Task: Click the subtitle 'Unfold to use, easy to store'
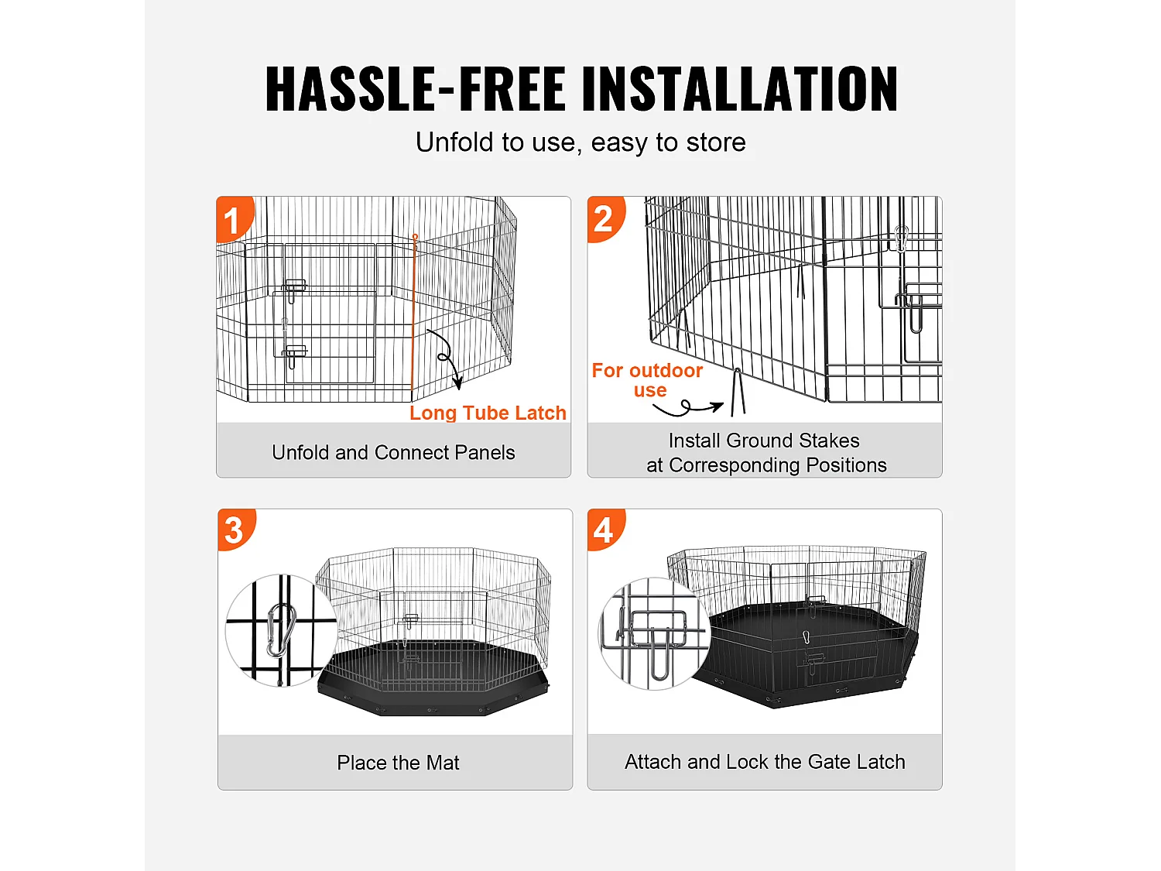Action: pos(580,142)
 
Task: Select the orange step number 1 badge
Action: pos(232,221)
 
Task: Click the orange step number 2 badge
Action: pos(604,219)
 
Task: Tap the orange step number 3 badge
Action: pos(234,530)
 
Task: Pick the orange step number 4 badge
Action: pos(604,530)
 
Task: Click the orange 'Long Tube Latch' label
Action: pos(488,413)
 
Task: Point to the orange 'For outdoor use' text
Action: pos(647,380)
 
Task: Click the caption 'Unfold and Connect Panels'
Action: pos(393,452)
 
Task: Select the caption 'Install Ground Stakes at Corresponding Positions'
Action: pos(765,452)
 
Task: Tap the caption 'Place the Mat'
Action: pos(398,763)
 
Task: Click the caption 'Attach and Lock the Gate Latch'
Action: pos(765,762)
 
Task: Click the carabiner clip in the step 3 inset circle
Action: pos(281,630)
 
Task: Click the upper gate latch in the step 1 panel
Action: pos(294,288)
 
